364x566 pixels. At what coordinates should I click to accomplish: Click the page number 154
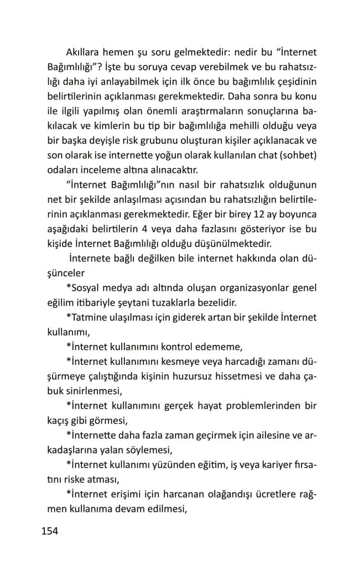point(50,532)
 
